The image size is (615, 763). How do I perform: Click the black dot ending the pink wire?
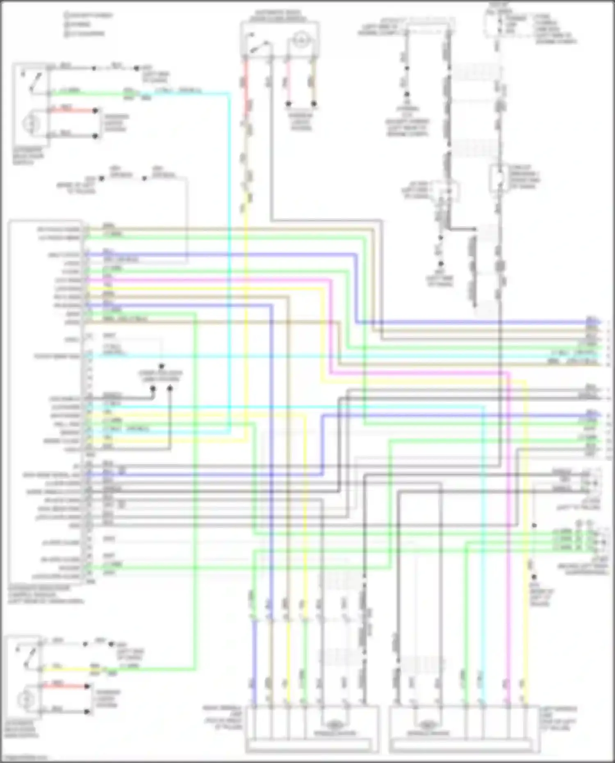(x=289, y=104)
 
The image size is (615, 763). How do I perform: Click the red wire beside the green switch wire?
(x=72, y=110)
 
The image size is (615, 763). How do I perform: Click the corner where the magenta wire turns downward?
(x=509, y=373)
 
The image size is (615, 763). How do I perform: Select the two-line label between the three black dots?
(x=161, y=376)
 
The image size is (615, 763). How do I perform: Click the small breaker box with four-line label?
(x=498, y=178)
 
